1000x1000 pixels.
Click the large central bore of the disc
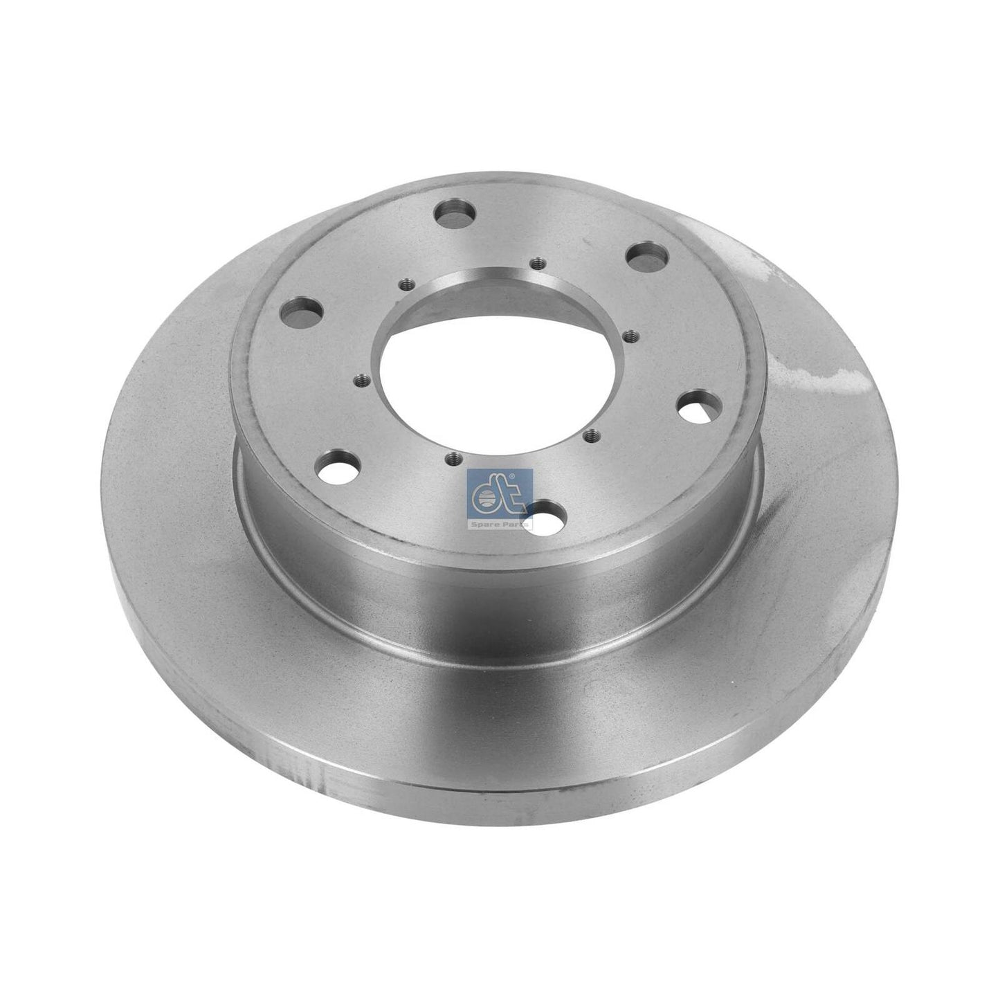click(x=498, y=378)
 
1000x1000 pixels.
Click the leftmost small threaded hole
click(x=359, y=381)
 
